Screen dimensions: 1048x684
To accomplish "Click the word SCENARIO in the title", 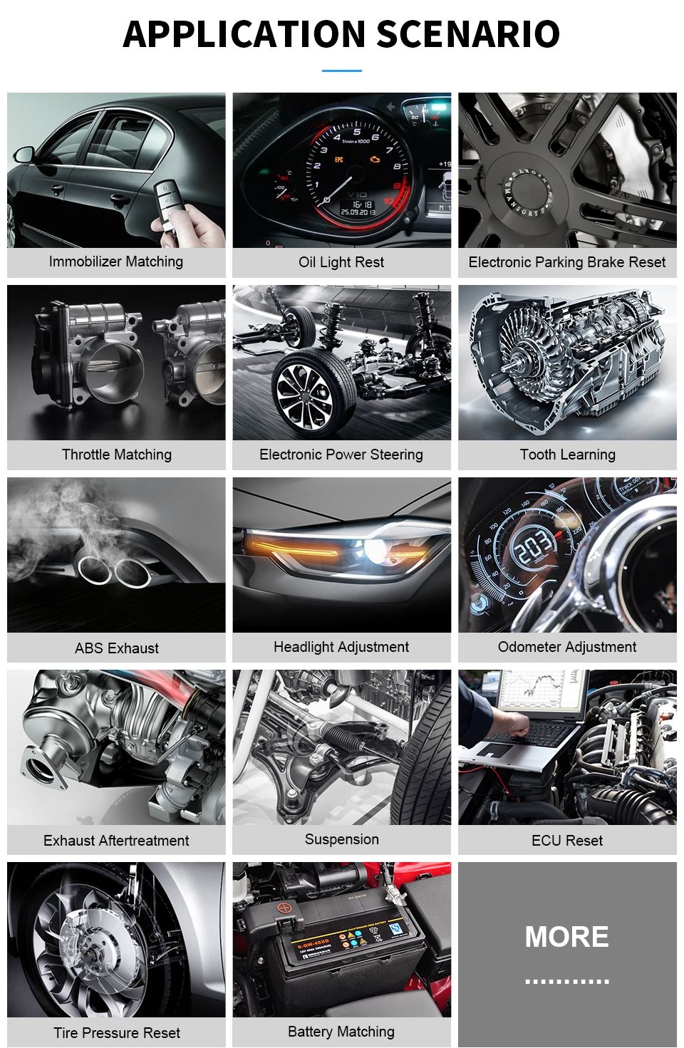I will click(x=468, y=34).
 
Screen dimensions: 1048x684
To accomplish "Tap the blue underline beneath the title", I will click(x=342, y=71).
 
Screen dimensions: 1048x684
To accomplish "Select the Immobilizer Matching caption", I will click(x=116, y=261).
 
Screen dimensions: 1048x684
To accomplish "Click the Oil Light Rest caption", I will click(x=341, y=262).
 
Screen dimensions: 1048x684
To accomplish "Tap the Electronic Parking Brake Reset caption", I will click(x=567, y=262).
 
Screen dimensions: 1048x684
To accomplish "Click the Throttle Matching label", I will click(x=116, y=455).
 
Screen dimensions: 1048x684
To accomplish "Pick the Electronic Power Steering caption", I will click(x=341, y=455).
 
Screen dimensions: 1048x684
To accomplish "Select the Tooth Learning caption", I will click(x=567, y=455).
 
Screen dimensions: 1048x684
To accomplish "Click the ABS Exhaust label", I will click(x=116, y=648).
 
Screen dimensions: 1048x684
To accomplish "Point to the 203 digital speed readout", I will click(x=534, y=547).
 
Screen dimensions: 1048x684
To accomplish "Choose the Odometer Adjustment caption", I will click(x=567, y=647).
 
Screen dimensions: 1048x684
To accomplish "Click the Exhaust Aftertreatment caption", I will click(x=116, y=840).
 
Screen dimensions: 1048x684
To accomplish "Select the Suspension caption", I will click(x=341, y=839).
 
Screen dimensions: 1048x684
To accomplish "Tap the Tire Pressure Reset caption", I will click(x=116, y=1032).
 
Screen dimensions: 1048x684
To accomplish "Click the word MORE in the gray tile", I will click(x=567, y=937).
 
